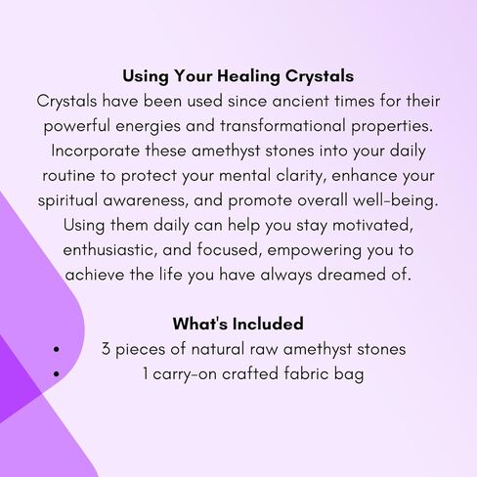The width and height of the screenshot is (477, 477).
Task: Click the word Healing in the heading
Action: [x=248, y=77]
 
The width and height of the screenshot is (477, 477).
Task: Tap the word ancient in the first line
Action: [x=300, y=101]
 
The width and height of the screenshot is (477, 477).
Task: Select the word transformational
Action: [x=282, y=126]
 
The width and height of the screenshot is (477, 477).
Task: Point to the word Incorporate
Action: [x=95, y=152]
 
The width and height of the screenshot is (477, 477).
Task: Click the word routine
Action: [x=68, y=176]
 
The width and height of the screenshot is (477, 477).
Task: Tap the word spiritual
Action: [x=67, y=200]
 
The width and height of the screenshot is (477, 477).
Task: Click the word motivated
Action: [x=372, y=226]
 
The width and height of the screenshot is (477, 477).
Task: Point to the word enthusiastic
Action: [x=109, y=250]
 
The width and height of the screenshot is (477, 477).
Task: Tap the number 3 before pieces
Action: [x=106, y=349]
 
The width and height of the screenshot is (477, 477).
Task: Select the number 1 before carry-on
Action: [x=146, y=373]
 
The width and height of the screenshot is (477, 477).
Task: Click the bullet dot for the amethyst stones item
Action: [x=57, y=349]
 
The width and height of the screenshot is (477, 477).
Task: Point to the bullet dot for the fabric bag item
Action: [x=57, y=373]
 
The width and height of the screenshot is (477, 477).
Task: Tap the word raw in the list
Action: [x=264, y=350]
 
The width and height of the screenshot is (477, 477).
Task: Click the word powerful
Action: [x=77, y=127]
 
